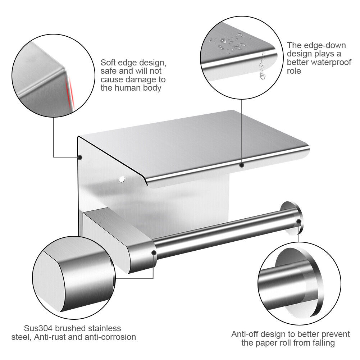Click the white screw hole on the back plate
(122, 179)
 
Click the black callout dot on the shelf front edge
(242, 165)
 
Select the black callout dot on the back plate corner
(80, 157)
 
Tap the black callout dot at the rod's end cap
(299, 221)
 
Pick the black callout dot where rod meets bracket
(154, 253)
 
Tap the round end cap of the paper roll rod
(290, 218)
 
